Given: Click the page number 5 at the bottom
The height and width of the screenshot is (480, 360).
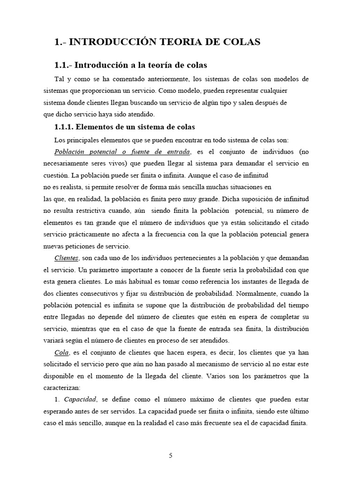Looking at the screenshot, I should pyautogui.click(x=171, y=455).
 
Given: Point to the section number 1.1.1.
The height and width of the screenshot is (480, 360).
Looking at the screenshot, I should pyautogui.click(x=64, y=127).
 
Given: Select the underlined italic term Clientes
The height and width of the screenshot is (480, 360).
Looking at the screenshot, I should pyautogui.click(x=66, y=258).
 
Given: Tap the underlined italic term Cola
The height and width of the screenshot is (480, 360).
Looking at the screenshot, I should pyautogui.click(x=61, y=352).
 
